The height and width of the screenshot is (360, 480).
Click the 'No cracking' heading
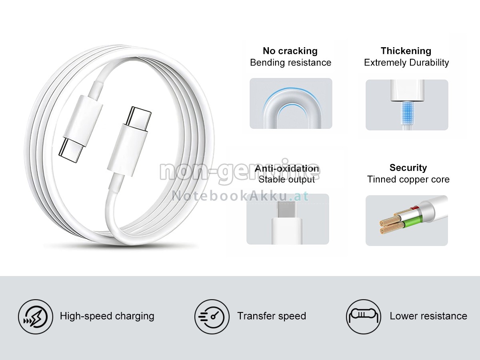click(290, 51)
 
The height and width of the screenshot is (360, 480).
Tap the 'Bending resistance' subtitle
click(290, 62)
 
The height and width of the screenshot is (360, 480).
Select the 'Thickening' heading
click(406, 51)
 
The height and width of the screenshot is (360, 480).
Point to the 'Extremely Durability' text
click(406, 62)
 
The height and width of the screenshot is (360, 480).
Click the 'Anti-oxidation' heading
click(287, 168)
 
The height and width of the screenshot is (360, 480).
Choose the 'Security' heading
click(408, 168)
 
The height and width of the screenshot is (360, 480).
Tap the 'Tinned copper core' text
click(408, 179)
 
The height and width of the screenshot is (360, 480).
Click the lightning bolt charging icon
click(35, 316)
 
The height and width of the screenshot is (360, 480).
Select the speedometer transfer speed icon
click(212, 316)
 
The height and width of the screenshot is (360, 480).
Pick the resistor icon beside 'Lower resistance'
click(364, 316)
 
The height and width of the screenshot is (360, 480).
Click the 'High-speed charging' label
click(107, 316)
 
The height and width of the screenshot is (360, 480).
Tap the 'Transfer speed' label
click(271, 316)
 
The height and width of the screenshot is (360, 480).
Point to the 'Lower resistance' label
click(428, 316)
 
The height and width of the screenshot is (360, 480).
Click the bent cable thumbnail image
click(291, 104)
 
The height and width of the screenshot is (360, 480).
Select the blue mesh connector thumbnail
click(407, 105)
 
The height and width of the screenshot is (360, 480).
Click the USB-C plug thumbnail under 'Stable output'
click(287, 219)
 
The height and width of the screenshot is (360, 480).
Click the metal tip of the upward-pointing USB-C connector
click(138, 116)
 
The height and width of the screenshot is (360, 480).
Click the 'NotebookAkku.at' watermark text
click(240, 196)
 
